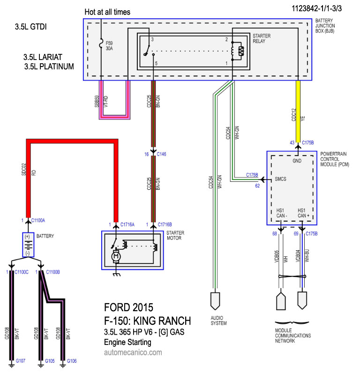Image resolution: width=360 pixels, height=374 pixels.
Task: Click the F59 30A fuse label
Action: coord(109,46)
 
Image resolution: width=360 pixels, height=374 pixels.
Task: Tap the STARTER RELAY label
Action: coord(262,38)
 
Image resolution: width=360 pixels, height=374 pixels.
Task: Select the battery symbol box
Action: coord(28,245)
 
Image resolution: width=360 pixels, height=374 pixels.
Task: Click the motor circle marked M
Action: coord(116,257)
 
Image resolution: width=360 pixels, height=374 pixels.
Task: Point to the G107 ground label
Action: coord(21,361)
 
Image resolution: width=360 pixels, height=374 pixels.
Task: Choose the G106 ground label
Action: coord(72,361)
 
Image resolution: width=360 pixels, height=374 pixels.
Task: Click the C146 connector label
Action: coord(161,154)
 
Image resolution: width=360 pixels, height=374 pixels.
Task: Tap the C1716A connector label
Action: coord(127,224)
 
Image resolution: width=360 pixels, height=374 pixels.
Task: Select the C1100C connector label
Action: coord(22,272)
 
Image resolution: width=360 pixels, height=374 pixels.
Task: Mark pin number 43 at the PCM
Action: coord(292,142)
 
